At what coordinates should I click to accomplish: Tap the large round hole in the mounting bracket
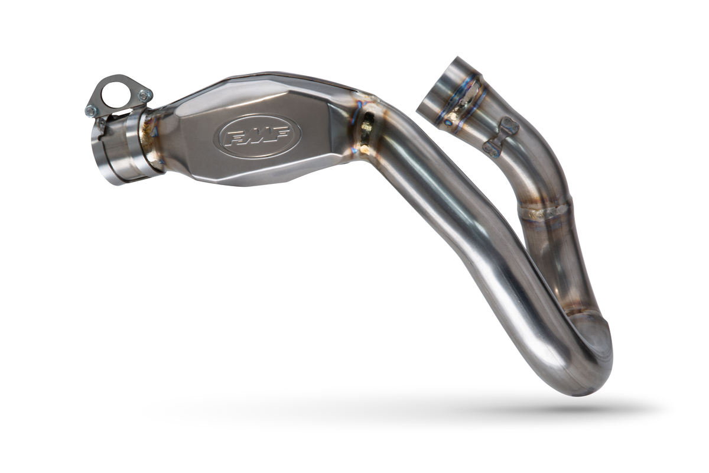pyautogui.click(x=118, y=94)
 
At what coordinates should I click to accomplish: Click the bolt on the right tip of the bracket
pyautogui.click(x=143, y=94)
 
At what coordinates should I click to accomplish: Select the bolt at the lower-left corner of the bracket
pyautogui.click(x=92, y=111)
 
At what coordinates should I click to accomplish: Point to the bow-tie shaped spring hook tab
pyautogui.click(x=500, y=137)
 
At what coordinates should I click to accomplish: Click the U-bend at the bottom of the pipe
pyautogui.click(x=582, y=361)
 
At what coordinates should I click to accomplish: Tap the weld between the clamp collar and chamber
pyautogui.click(x=151, y=142)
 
